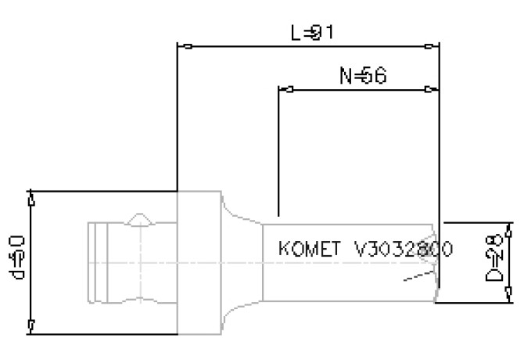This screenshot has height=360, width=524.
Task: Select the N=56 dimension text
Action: tap(362, 76)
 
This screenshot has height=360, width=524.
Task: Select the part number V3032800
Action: tap(403, 250)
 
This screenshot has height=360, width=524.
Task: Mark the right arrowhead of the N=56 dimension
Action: tap(431, 89)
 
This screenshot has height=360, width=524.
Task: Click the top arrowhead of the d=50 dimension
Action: tap(31, 200)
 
